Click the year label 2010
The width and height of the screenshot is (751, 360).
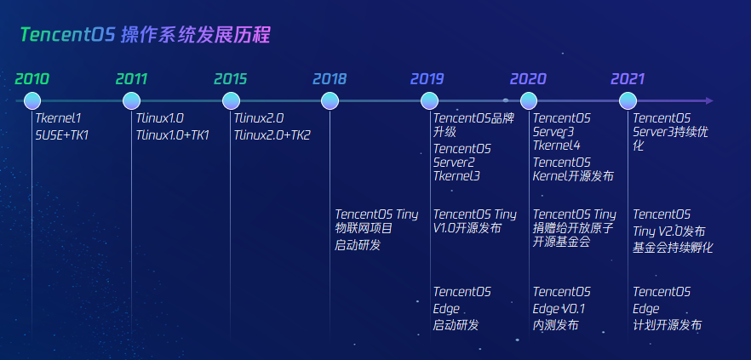point(32,79)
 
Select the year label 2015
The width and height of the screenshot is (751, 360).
point(230,79)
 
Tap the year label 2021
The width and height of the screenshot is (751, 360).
point(627,79)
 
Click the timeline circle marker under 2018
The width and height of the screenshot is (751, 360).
point(330,101)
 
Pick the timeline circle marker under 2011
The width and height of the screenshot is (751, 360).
point(133,101)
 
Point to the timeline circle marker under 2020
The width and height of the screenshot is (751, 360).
point(528,101)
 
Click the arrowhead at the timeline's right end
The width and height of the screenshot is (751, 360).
point(709,101)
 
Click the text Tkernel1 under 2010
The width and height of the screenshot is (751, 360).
point(58,118)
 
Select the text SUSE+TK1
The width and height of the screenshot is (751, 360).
point(62,134)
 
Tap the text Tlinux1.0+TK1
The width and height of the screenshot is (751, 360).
point(172,134)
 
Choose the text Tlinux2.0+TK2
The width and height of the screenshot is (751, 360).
point(272,134)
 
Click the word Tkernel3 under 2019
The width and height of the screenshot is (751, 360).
point(456,176)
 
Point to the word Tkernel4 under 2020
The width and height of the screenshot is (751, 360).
point(556,146)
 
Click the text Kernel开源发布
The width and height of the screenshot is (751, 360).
point(573,176)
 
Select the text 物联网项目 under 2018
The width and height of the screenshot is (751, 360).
point(364,228)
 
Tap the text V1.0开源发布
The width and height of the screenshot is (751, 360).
point(467,228)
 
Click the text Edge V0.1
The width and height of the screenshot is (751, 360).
point(559,309)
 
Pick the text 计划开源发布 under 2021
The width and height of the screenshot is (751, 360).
point(667,325)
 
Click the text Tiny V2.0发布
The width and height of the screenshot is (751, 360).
point(668,231)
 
